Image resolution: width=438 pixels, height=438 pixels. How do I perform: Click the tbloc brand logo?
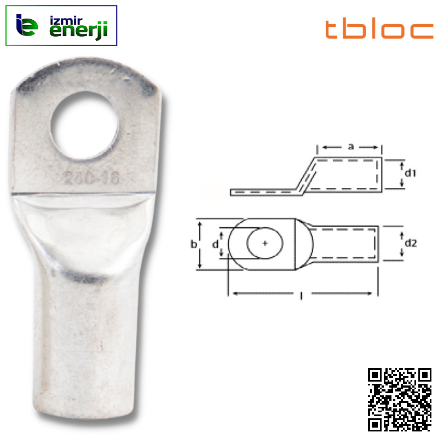point(379,30)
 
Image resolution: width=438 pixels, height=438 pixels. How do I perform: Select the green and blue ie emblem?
point(27,26)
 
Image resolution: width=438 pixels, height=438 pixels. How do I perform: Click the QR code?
point(399,399)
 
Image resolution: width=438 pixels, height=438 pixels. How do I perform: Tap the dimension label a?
point(350,147)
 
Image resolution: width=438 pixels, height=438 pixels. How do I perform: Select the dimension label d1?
point(411,174)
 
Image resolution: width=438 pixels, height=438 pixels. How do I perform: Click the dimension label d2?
point(411,243)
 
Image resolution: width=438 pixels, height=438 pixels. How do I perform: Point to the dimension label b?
point(194,245)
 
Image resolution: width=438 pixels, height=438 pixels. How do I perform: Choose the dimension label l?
point(302,296)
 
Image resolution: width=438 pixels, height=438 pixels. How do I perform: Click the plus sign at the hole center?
point(265,244)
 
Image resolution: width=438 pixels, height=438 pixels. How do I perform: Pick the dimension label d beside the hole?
point(215,244)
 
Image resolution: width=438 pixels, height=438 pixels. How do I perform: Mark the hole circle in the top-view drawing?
point(265,244)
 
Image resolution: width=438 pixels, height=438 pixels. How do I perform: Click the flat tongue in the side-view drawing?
point(263,192)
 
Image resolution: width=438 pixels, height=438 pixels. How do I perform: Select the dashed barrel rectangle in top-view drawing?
point(345,244)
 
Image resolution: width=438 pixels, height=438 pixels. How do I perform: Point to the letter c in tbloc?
point(422,31)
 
